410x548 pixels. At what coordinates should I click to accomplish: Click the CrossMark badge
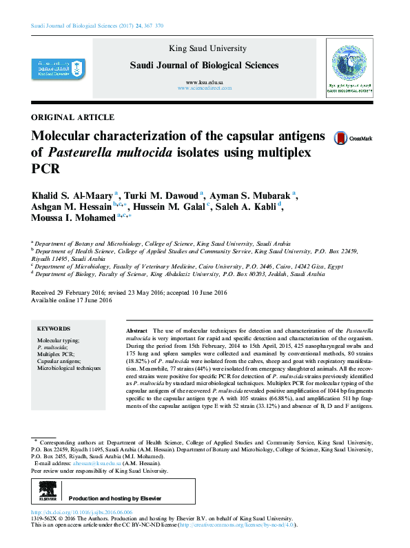pos(352,138)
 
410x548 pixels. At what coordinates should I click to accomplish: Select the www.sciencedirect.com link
pos(205,89)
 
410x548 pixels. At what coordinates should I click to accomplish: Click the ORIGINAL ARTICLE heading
pos(73,117)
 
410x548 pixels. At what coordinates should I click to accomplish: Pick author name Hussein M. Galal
pos(175,206)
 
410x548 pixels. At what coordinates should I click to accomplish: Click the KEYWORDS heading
pos(53,329)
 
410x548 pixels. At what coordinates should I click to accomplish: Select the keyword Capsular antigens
pos(58,361)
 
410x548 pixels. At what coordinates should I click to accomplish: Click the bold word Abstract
pos(137,332)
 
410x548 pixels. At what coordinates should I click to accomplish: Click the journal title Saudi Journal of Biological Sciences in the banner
pos(205,66)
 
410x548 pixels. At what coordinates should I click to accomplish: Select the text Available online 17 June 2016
pos(72,300)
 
